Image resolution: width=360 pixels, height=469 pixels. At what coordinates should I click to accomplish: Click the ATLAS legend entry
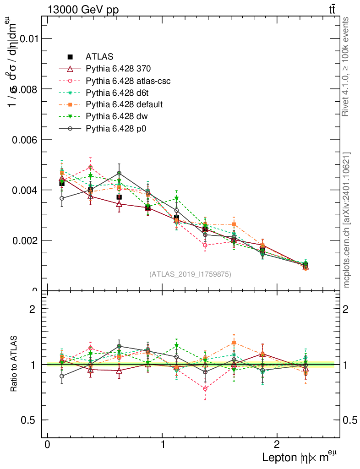[99, 57]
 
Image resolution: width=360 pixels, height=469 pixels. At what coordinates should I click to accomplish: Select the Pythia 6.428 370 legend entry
[118, 69]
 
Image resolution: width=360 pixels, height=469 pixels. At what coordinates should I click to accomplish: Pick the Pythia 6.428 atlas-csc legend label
[128, 81]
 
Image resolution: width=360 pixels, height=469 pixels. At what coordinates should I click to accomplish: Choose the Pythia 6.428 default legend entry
[124, 104]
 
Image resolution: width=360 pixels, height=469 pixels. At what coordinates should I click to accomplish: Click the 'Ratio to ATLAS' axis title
[15, 364]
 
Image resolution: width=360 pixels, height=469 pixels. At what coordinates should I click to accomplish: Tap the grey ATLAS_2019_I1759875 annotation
[190, 274]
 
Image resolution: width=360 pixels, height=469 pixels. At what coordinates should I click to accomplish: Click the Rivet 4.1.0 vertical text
[346, 66]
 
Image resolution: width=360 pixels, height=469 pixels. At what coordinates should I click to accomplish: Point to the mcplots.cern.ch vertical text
[347, 220]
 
